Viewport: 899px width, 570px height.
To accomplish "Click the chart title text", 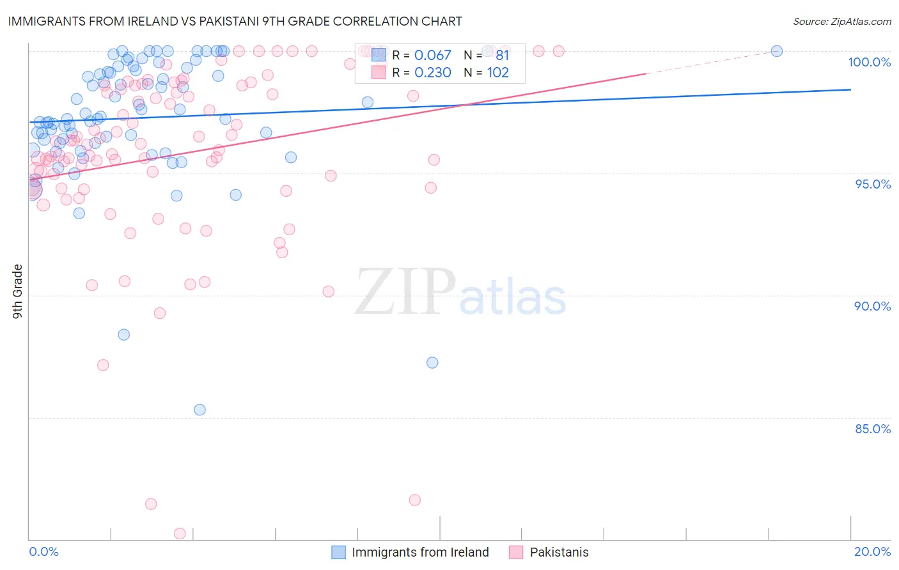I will [x=235, y=21].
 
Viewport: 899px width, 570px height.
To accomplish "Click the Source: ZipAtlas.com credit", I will [x=841, y=21].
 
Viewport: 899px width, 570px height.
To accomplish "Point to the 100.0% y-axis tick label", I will [x=869, y=62].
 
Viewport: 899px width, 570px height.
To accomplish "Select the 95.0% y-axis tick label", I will [x=872, y=184].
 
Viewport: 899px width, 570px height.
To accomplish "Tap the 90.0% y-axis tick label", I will [x=872, y=306].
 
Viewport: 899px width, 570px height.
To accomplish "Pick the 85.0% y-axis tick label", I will [x=872, y=429].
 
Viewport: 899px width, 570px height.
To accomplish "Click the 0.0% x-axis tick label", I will [x=43, y=551].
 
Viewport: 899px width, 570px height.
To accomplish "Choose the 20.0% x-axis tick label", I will [x=872, y=551].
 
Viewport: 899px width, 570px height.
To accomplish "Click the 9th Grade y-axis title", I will [x=17, y=291].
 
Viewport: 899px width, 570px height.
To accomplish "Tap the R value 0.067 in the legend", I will [x=433, y=56].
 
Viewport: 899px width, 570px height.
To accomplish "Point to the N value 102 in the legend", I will [x=498, y=73].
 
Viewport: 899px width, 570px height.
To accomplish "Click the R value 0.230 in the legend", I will [x=433, y=73].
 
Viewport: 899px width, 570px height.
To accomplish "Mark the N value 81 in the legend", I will [x=503, y=56].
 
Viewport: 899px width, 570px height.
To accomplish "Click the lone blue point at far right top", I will [x=777, y=51].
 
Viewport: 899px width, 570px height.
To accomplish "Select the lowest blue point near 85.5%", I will [x=199, y=410].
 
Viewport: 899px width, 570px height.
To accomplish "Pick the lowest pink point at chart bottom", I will [x=180, y=534].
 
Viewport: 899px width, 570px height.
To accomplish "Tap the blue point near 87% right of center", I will [x=432, y=362].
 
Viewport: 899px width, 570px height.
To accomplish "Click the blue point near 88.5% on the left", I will [x=124, y=335].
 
